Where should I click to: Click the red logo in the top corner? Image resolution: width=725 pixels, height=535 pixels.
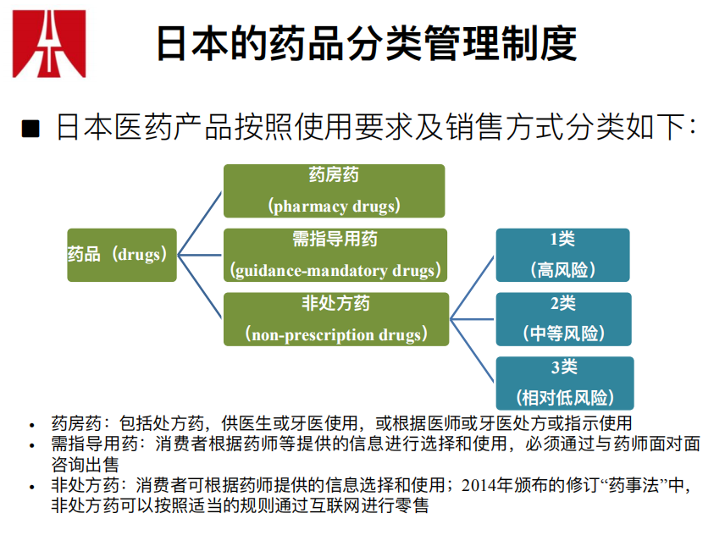tap(48, 43)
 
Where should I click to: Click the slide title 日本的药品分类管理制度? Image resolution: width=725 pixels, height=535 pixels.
tap(366, 44)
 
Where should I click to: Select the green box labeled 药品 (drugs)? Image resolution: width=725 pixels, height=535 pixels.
tap(122, 255)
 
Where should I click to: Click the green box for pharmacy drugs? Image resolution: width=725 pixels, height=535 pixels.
tap(334, 190)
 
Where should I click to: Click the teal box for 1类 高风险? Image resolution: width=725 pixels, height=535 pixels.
tap(562, 255)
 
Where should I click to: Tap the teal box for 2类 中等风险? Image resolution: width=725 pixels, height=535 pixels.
tap(562, 319)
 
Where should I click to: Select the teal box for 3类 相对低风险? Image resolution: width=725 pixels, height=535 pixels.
tap(562, 383)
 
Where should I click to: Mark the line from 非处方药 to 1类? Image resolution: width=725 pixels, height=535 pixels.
tap(472, 287)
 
